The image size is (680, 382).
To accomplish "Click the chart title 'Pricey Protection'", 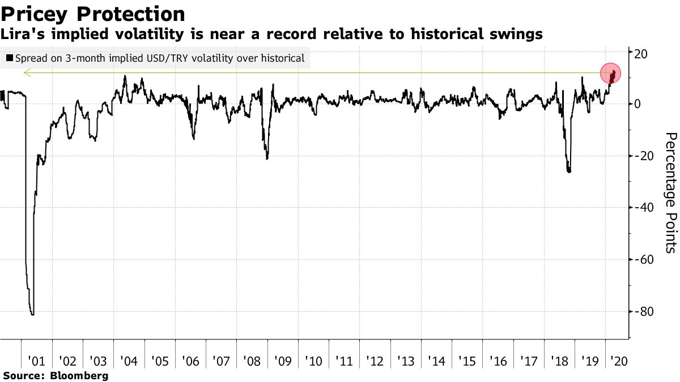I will [93, 14].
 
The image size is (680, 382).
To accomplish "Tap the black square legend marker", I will [9, 58].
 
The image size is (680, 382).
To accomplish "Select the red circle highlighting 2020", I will [611, 74].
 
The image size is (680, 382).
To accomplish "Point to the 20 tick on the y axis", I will [640, 53].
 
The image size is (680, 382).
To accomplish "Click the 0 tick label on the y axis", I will [637, 105].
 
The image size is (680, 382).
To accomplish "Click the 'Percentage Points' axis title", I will [670, 192].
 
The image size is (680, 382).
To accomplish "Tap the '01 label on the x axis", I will [36, 360].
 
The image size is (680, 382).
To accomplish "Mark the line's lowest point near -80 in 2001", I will [32, 314].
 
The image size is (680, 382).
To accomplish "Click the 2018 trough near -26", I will [568, 171].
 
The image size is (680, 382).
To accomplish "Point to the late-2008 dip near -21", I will [267, 158].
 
